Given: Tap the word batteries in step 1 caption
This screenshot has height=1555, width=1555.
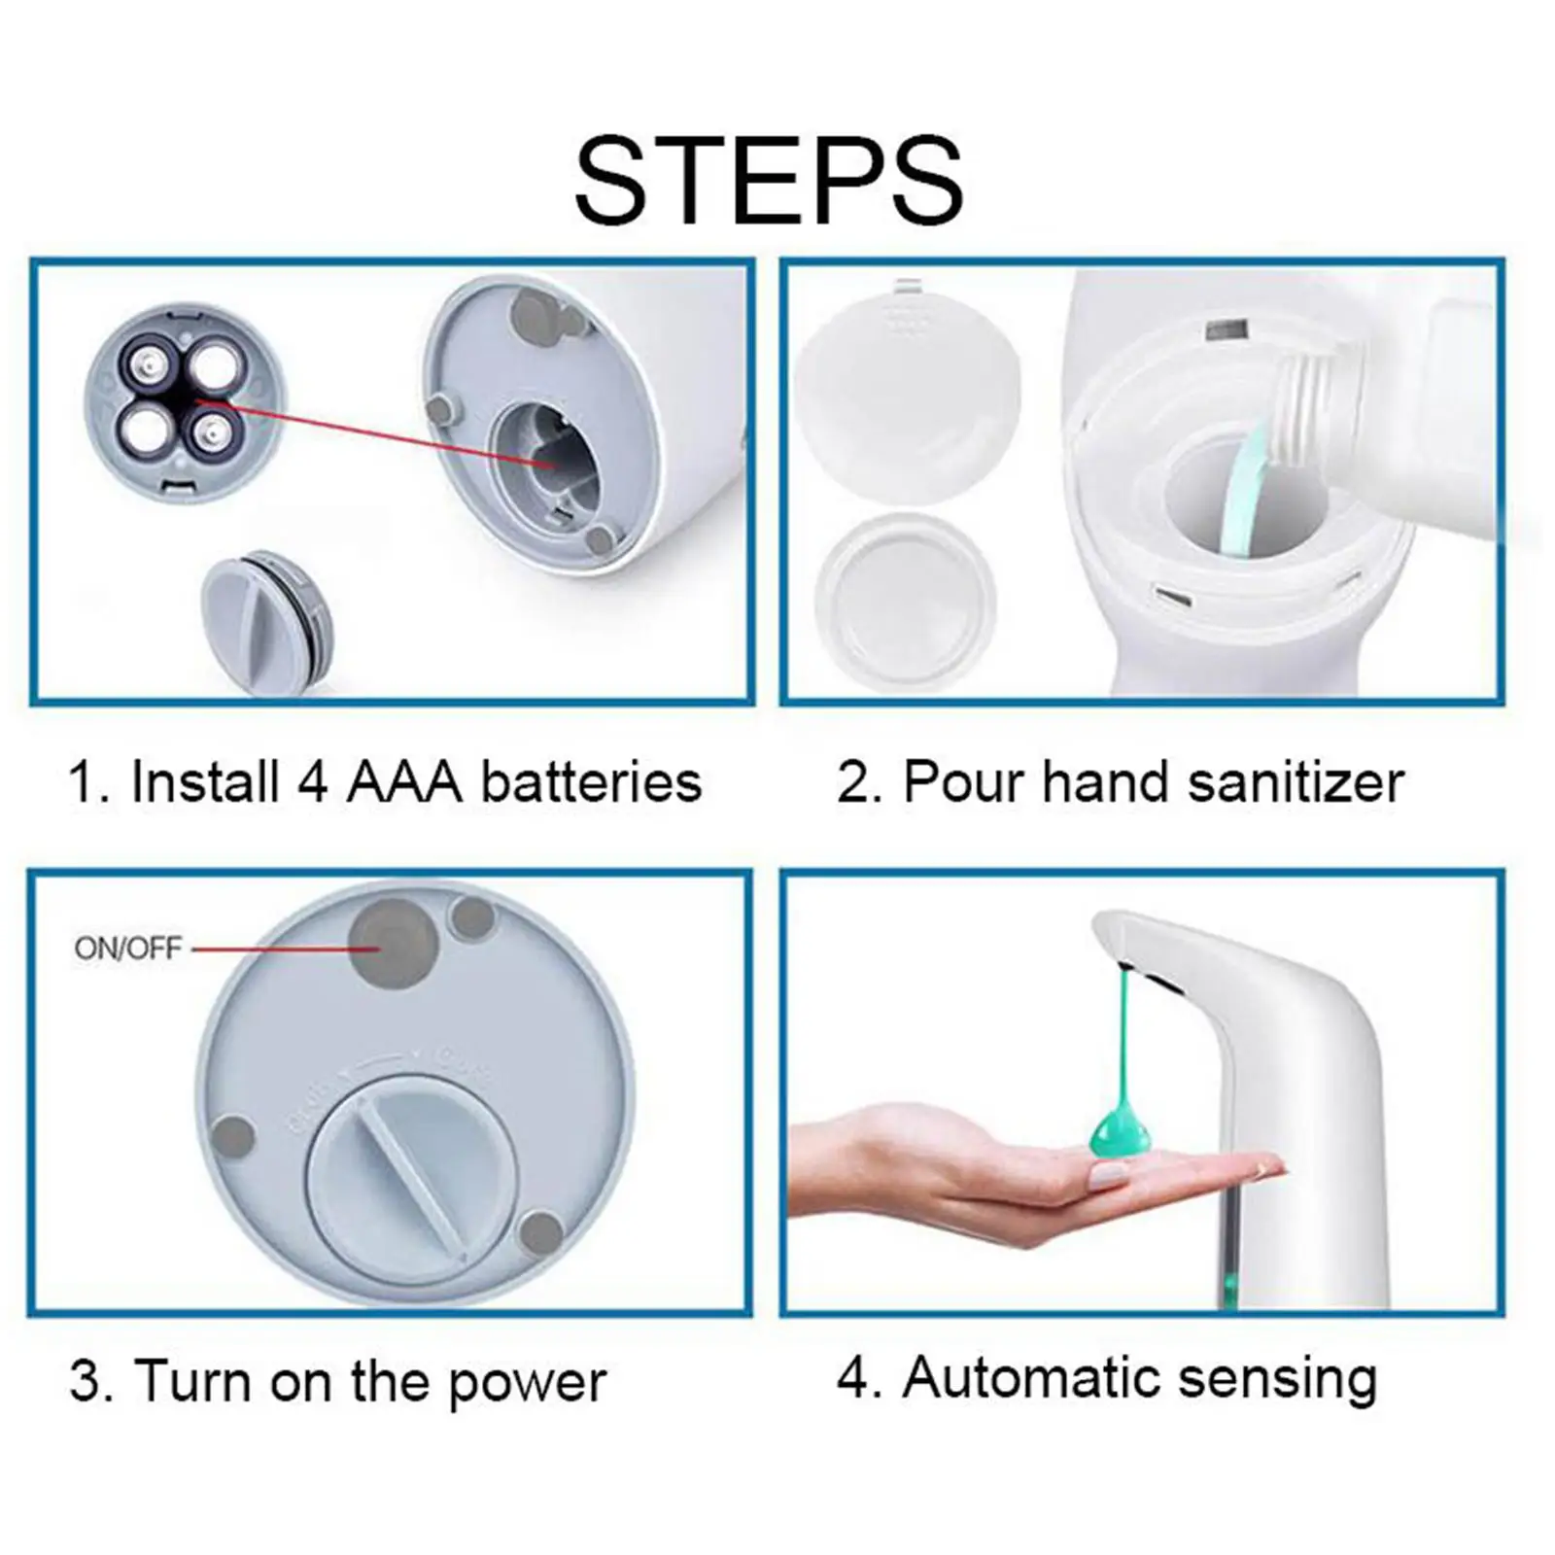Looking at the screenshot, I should pos(591,782).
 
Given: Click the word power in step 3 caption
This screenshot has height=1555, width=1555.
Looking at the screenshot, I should pos(527,1382).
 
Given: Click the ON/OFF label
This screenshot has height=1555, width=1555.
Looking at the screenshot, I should pos(127,948).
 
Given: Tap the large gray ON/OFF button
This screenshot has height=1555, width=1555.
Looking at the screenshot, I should pos(393,942).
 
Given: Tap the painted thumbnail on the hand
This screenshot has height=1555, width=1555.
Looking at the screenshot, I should pos(1107,1177).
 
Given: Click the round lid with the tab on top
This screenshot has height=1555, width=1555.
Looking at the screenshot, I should pos(907,390).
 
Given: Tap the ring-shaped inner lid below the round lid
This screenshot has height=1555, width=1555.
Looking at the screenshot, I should pos(905,602).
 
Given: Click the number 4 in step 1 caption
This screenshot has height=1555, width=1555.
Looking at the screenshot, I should pos(312,782).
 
